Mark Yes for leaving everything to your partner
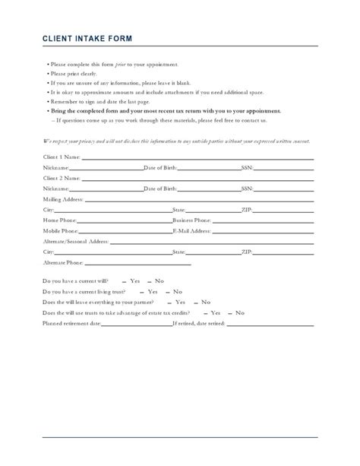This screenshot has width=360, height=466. [183, 302]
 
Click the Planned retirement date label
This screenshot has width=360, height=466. [72, 323]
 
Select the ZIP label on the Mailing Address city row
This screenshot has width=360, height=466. [247, 208]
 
